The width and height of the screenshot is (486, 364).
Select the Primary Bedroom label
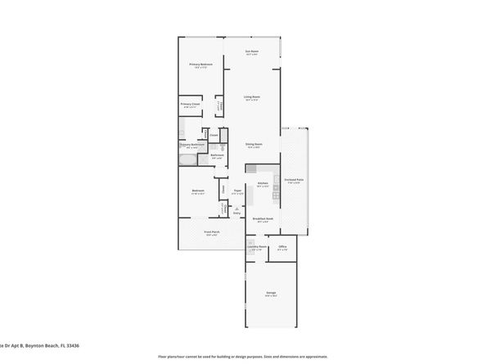pos(201,65)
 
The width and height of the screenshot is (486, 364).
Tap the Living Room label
pos(252,97)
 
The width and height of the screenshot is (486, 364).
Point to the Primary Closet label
pos(191,104)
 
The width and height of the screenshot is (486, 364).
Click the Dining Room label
pos(253,144)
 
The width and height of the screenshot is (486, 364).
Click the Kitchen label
pos(263,183)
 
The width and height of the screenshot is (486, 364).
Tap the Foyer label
pos(237,191)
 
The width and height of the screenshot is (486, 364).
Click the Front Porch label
pos(211,232)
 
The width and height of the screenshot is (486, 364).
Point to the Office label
pos(281,246)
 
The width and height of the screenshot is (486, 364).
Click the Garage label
pos(270,293)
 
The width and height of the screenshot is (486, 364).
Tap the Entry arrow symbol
pos(237,209)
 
